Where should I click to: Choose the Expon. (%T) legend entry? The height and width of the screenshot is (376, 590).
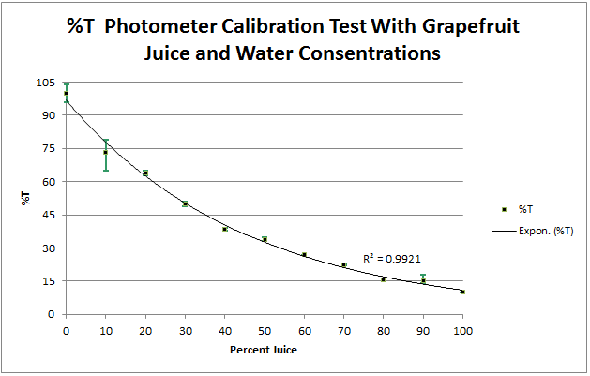point(545,230)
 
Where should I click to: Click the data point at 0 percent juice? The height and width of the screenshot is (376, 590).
point(66,94)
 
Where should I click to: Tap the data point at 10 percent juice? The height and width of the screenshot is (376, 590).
point(105,153)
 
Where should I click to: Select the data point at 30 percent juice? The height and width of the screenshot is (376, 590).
point(185,203)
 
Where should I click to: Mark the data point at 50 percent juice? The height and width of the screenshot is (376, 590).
point(265,239)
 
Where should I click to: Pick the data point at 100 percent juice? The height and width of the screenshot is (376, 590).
point(462,292)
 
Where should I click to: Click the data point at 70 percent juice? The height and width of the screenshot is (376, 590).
point(343,265)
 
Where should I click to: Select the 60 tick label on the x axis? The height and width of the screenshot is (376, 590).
point(304,331)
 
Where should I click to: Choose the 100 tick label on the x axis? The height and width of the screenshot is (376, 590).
point(462,331)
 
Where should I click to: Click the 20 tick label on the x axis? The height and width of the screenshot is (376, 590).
point(145,331)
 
